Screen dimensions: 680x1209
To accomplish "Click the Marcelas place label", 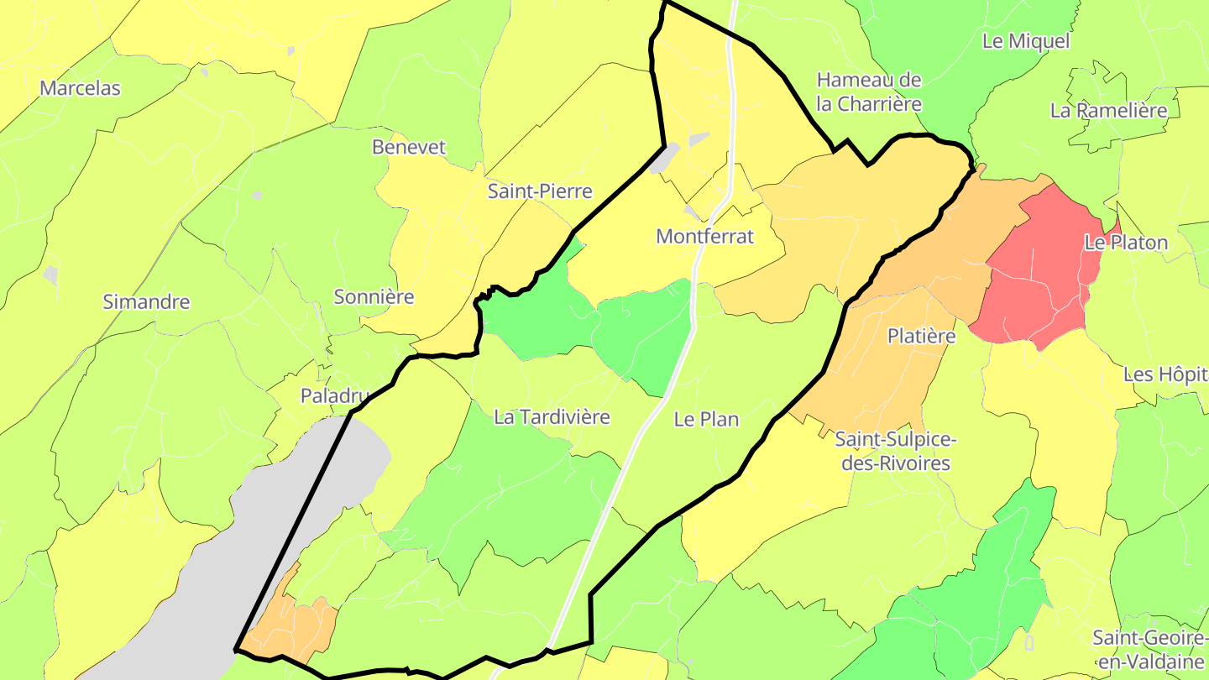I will click(x=81, y=88).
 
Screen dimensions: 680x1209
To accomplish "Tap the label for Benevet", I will click(x=409, y=147).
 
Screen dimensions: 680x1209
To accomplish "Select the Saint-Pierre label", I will click(x=541, y=191).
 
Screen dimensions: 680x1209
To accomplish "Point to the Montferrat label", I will click(x=705, y=237).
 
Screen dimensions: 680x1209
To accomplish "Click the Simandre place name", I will click(x=146, y=302).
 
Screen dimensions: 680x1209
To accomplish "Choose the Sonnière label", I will click(x=374, y=296).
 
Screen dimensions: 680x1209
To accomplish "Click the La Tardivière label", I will click(x=552, y=417).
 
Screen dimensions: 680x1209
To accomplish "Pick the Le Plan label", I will click(x=706, y=420).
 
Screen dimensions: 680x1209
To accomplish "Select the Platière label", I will click(x=922, y=337).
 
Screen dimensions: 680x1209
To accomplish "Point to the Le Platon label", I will click(x=1126, y=243).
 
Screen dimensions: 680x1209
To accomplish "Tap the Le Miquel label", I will click(x=1026, y=41).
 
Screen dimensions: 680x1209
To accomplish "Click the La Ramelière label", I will click(x=1109, y=111).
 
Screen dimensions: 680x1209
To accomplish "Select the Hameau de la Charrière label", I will click(x=869, y=92).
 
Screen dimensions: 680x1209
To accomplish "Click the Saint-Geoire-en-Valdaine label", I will click(x=1150, y=649).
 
